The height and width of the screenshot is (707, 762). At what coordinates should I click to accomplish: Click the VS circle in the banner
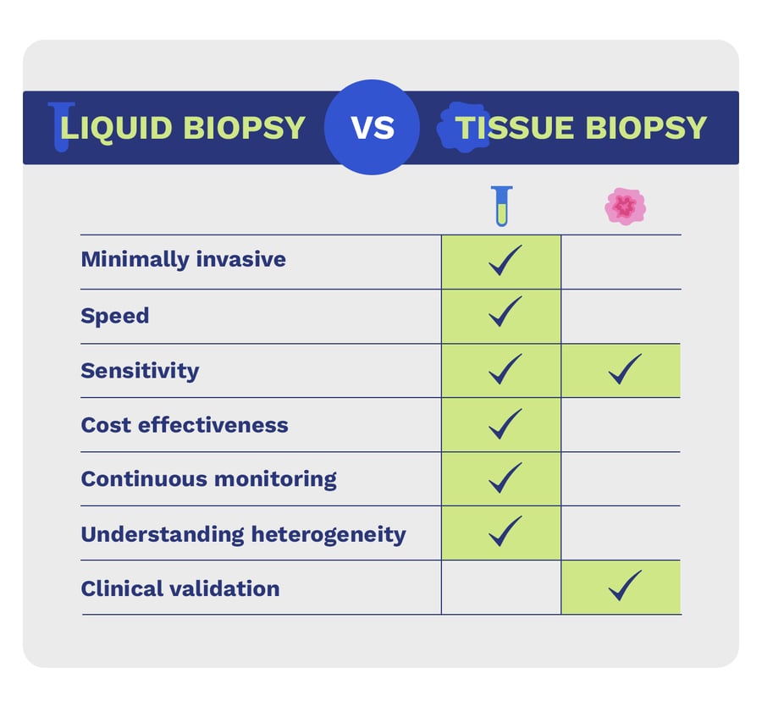click(x=372, y=127)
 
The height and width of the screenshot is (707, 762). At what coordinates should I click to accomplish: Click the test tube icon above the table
click(x=502, y=206)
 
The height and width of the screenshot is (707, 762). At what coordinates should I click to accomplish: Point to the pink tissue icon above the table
click(x=626, y=207)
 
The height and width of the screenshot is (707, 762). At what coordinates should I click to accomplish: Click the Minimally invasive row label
click(x=183, y=259)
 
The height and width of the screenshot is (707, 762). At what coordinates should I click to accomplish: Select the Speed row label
click(x=115, y=316)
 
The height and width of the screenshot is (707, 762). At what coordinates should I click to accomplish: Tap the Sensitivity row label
click(x=140, y=370)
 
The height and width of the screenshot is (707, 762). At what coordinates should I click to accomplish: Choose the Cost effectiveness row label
click(x=185, y=424)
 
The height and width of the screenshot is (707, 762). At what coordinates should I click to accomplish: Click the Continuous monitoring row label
click(x=208, y=478)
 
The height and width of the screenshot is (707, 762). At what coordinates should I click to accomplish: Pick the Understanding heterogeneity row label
click(x=243, y=534)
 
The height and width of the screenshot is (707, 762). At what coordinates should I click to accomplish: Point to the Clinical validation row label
click(x=180, y=588)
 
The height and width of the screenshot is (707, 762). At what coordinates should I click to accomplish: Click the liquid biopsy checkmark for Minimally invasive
click(x=505, y=261)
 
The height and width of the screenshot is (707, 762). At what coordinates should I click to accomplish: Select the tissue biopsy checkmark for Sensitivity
click(x=625, y=368)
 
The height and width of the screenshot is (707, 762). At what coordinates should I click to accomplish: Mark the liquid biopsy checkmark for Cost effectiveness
click(x=505, y=423)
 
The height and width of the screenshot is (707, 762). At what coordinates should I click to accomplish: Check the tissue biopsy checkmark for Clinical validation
click(x=625, y=585)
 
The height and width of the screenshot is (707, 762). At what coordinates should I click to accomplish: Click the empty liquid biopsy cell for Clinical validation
click(x=501, y=587)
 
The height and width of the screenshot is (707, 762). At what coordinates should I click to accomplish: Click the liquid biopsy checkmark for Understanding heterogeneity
click(x=505, y=531)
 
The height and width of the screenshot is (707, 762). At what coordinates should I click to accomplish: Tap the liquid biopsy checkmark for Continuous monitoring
click(x=505, y=478)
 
